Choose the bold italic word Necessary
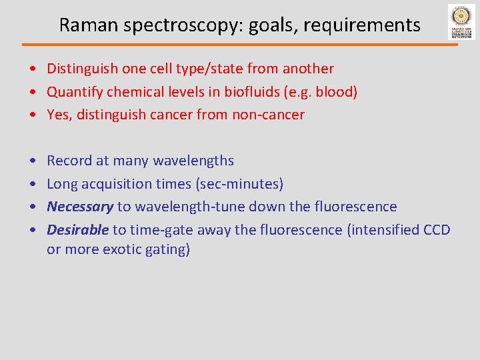click(80, 207)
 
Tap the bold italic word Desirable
click(77, 230)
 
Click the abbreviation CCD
click(437, 230)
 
